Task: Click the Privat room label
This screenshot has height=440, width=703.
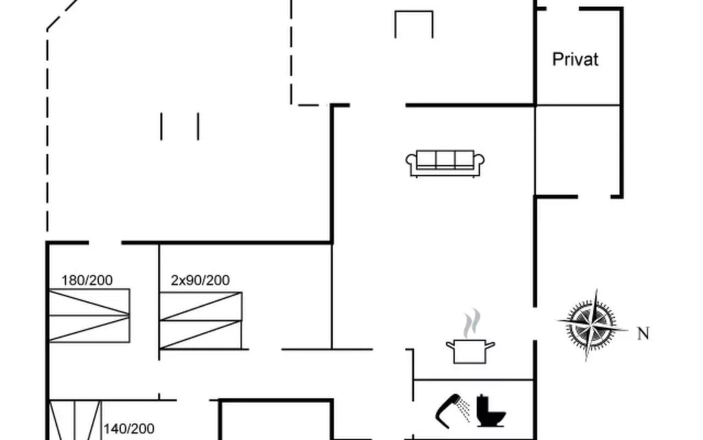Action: pyautogui.click(x=575, y=59)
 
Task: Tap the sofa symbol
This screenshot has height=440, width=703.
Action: pyautogui.click(x=445, y=164)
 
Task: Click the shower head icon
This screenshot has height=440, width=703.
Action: pyautogui.click(x=452, y=410)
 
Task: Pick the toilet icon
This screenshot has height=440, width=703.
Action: pyautogui.click(x=490, y=411)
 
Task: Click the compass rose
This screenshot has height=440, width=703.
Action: pyautogui.click(x=591, y=324)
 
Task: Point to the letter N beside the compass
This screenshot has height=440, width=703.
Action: pyautogui.click(x=643, y=333)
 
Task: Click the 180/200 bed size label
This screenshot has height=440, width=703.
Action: pyautogui.click(x=87, y=280)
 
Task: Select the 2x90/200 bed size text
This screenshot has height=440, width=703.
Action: pyautogui.click(x=200, y=280)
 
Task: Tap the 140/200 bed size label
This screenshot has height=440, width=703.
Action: pyautogui.click(x=129, y=429)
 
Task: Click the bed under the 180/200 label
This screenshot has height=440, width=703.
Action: pyautogui.click(x=89, y=316)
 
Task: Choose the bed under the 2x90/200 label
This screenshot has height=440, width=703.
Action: pyautogui.click(x=201, y=320)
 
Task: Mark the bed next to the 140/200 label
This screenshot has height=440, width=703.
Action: pyautogui.click(x=75, y=420)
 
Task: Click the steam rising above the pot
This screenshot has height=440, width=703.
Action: pyautogui.click(x=472, y=323)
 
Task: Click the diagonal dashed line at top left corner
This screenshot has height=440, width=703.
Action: pyautogui.click(x=64, y=15)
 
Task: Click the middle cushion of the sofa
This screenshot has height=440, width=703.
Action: pyautogui.click(x=445, y=159)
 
